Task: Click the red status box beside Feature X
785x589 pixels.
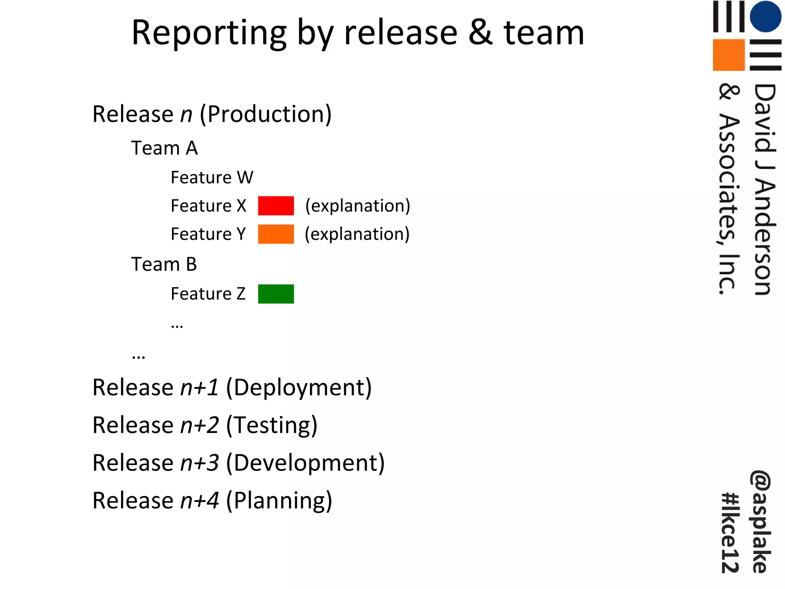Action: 276,206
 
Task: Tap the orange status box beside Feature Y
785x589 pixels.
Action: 276,234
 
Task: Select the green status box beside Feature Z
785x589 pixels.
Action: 276,294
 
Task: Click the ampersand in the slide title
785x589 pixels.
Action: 480,33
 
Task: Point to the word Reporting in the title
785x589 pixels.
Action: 209,34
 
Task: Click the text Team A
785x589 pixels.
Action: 164,148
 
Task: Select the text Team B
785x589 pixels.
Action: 164,264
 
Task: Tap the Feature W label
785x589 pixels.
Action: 212,178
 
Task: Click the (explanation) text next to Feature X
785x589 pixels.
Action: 358,206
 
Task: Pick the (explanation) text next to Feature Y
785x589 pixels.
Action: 357,234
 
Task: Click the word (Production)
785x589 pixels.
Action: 266,115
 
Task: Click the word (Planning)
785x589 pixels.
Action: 279,501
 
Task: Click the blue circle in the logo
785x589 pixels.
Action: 765,16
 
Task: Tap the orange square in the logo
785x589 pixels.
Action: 729,55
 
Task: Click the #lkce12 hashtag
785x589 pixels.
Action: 730,533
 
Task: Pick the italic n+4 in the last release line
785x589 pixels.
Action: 200,501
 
